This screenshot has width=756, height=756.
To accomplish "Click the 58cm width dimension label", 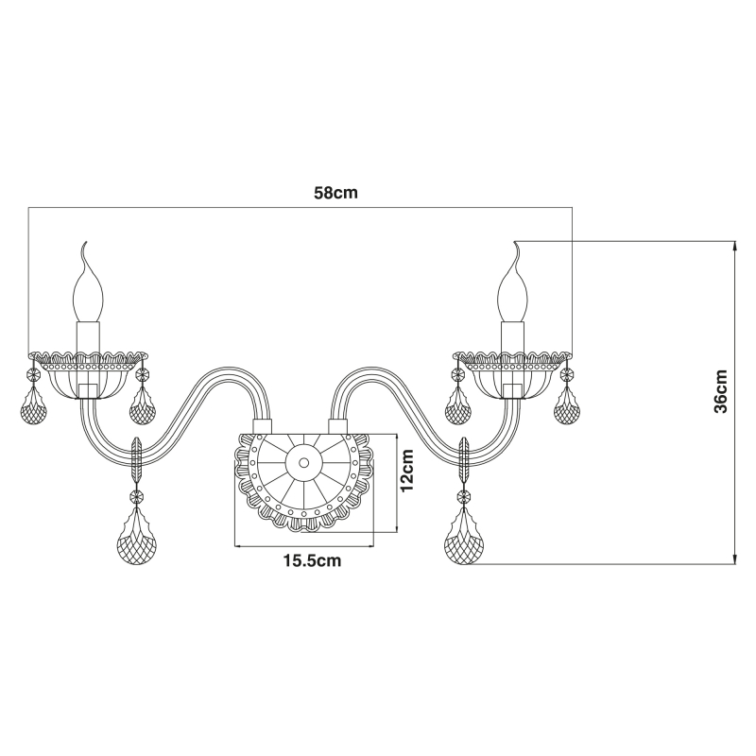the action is pyautogui.click(x=336, y=194).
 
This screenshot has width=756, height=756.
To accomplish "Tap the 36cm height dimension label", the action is pyautogui.click(x=721, y=391).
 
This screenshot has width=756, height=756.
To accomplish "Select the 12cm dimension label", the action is pyautogui.click(x=407, y=470).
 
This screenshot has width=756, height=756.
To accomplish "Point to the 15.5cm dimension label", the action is pyautogui.click(x=312, y=560).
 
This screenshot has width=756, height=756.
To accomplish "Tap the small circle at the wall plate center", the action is pyautogui.click(x=303, y=463).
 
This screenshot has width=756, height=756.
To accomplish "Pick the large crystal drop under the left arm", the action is pyautogui.click(x=137, y=535).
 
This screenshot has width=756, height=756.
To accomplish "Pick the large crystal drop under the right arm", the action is pyautogui.click(x=464, y=535).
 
